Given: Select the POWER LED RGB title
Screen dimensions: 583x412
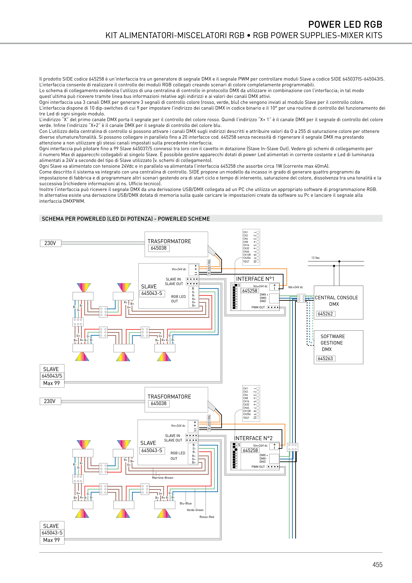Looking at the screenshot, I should point(345,25).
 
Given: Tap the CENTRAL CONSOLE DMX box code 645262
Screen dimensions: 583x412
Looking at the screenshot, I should point(325,314).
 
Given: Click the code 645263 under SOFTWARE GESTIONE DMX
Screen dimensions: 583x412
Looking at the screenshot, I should point(325,359).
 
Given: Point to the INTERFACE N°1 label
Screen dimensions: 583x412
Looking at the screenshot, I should point(255,279).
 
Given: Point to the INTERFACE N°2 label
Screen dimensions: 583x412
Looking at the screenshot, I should point(253,438).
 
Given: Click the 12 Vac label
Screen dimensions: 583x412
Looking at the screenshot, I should point(315,258).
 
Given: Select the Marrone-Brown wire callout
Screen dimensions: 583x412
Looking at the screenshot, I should point(163,478).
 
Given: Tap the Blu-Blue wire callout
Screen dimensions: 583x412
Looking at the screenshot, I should point(186,503).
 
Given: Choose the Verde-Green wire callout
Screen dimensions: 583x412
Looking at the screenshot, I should point(195,510).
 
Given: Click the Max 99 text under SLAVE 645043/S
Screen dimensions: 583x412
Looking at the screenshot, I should point(51,383).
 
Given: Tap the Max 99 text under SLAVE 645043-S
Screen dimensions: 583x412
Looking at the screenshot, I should point(51,540).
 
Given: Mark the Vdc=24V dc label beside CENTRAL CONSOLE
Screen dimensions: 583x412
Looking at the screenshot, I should point(296,287).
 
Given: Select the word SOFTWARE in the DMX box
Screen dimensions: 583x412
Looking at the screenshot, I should point(332,336).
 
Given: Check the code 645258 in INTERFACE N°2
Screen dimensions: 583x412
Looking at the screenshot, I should point(250,450).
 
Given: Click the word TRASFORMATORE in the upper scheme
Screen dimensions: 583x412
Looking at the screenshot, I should point(169,241).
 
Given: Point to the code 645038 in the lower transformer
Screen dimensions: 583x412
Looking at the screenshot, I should point(159,403).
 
